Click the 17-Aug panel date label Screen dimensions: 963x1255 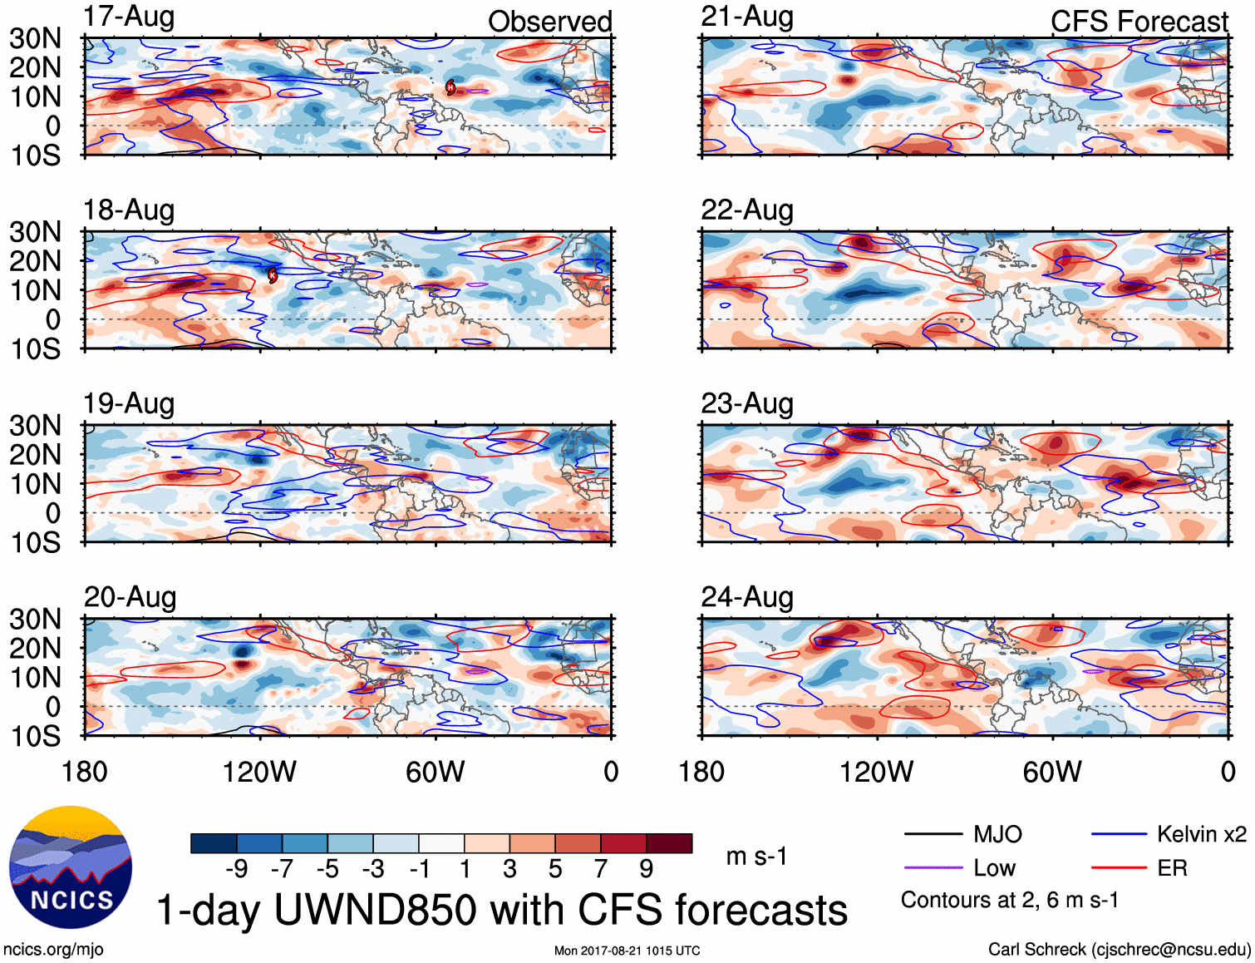[129, 17]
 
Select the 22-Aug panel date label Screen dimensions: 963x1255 [746, 210]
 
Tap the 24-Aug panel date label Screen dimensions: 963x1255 [746, 597]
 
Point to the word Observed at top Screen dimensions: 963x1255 [549, 22]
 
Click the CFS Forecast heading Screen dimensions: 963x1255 [1139, 22]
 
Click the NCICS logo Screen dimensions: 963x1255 [71, 867]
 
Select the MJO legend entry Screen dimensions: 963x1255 [997, 834]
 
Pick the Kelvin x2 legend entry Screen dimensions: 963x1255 [1201, 834]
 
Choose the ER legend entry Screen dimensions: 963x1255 [1172, 868]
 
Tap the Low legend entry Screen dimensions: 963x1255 [994, 868]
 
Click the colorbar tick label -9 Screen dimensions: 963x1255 [236, 869]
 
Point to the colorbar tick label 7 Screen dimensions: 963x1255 [601, 869]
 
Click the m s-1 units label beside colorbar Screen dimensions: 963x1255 [756, 857]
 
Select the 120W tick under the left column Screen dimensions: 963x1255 [259, 772]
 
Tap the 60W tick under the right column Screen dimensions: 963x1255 [1052, 772]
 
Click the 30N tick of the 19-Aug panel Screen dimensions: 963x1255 [35, 426]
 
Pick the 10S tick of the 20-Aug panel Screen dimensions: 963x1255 [35, 736]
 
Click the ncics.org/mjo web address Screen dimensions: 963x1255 [53, 950]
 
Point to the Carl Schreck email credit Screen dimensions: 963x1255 [1119, 950]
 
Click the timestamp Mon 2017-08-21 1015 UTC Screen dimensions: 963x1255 [627, 951]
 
